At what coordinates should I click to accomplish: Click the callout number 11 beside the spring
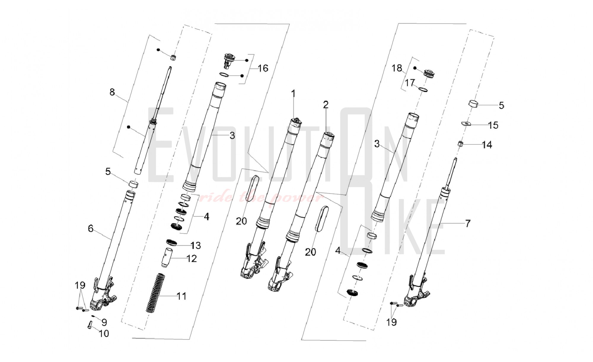(181, 296)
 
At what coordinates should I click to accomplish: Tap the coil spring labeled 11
(156, 293)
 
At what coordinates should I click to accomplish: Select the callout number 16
(263, 68)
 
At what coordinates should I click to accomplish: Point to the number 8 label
(112, 92)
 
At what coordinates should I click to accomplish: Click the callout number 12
(192, 259)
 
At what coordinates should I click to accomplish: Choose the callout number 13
(196, 245)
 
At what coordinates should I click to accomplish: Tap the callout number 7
(468, 223)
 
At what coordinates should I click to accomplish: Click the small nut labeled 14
(460, 144)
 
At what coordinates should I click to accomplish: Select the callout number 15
(493, 125)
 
